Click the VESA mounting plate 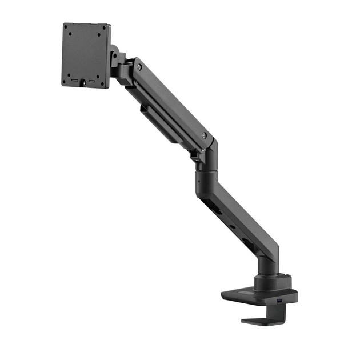[86, 55]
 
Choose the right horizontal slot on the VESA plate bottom [92, 81]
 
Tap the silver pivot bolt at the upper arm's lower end [204, 135]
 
